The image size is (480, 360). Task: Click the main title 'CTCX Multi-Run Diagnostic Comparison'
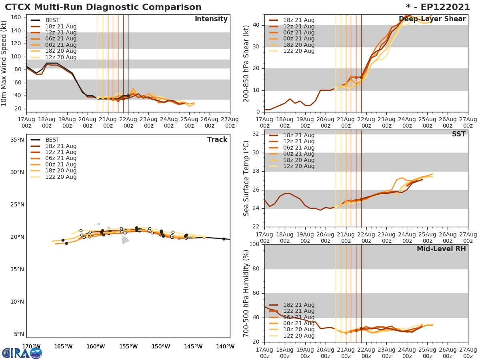coord(103,7)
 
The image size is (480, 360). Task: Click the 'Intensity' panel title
coord(211,19)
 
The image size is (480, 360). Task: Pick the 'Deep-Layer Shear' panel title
coord(432,19)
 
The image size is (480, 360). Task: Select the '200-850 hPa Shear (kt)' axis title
coord(247,63)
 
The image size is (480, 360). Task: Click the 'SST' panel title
coord(458,134)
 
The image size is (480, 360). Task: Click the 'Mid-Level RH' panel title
coord(441,249)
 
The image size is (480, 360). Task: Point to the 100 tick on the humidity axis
coord(256,244)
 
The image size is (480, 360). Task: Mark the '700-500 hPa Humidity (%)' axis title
coord(247,293)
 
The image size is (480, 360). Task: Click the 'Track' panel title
coord(217,140)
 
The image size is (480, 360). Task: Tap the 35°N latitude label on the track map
coord(17,140)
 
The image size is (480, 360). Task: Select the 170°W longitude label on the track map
coord(31,347)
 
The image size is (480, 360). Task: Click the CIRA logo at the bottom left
coord(22,353)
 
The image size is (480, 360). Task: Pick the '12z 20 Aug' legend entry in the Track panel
coord(60,177)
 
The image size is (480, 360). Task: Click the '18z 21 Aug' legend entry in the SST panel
coord(298,136)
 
